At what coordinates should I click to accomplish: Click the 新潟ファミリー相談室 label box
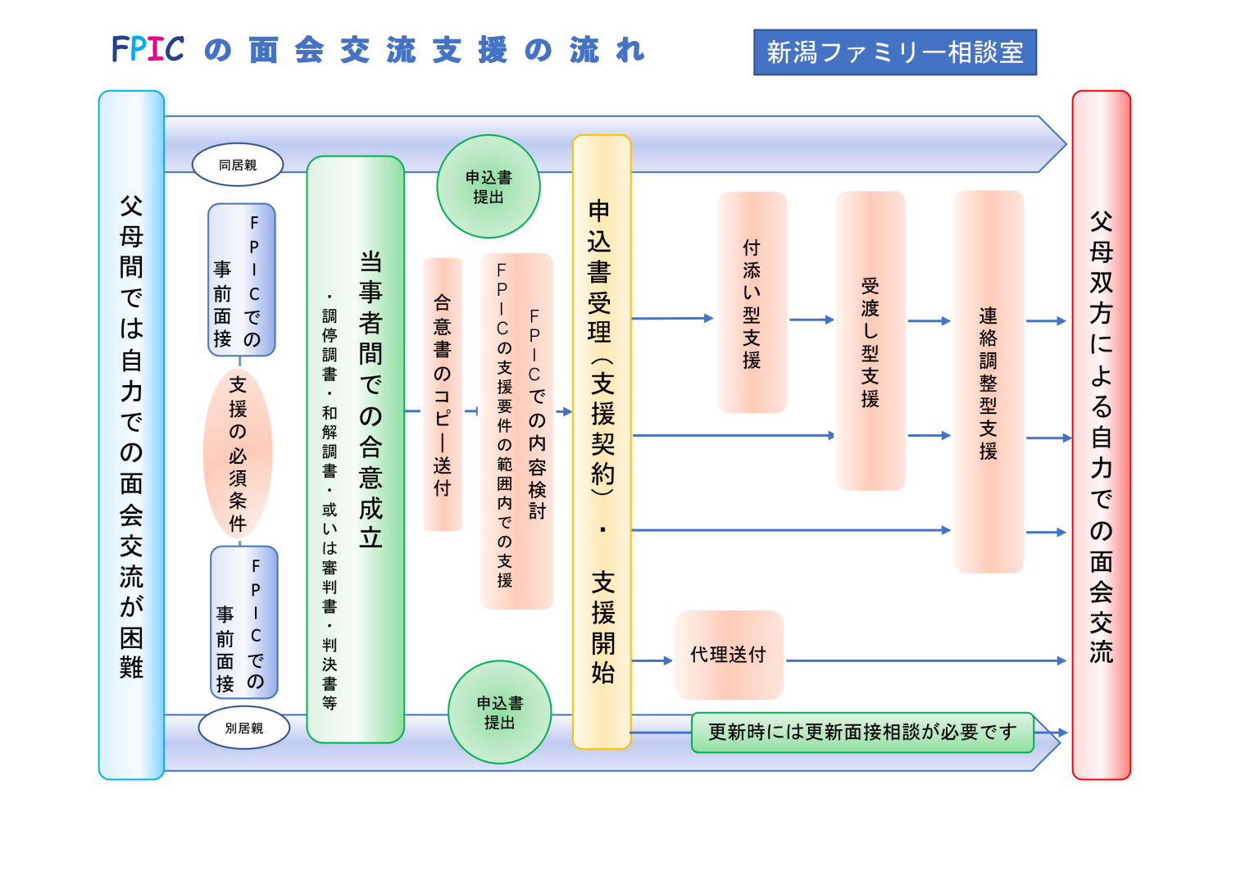pos(894,52)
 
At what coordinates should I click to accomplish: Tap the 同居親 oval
pos(238,165)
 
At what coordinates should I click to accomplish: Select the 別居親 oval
pos(243,728)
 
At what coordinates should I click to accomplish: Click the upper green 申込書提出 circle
pos(489,187)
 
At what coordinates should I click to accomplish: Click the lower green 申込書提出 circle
pos(499,712)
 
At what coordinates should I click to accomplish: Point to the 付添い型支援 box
pos(752,302)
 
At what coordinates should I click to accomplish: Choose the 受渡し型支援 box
pos(870,341)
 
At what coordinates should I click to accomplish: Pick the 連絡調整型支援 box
pos(989,382)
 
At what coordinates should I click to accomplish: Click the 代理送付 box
pos(729,655)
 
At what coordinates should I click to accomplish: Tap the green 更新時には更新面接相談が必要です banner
pos(862,732)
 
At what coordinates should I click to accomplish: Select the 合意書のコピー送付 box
pos(443,394)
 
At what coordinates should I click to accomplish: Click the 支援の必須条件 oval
pos(238,453)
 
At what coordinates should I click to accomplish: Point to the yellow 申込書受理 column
pos(602,442)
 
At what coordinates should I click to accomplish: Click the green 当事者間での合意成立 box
pos(356,449)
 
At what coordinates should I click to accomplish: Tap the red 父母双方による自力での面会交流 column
pos(1101,434)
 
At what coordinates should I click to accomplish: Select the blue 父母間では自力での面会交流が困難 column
pos(131,434)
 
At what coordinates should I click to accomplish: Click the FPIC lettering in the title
pos(148,50)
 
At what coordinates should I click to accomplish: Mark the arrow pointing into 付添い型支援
pos(673,318)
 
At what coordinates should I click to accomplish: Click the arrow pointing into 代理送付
pos(652,660)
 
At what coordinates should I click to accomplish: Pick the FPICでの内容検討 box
pos(517,431)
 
